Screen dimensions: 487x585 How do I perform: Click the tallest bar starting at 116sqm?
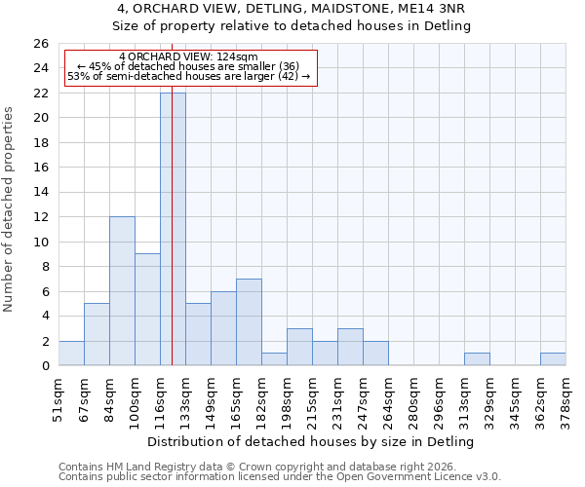coord(173,229)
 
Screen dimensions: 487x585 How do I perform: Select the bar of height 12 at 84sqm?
coord(122,291)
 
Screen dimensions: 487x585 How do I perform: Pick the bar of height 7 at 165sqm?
coord(249,322)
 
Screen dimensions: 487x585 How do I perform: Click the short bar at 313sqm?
coord(477,359)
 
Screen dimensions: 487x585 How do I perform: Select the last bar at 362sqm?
coord(553,359)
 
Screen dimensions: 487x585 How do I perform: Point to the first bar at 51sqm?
coord(71,354)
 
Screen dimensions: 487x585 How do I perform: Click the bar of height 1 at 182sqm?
coord(274,359)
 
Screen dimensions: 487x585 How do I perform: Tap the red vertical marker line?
coord(172,243)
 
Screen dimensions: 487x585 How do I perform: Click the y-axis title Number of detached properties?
coord(10,210)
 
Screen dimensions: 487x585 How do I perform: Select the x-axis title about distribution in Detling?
coord(312,441)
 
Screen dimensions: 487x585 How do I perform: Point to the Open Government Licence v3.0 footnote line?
coord(280,477)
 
